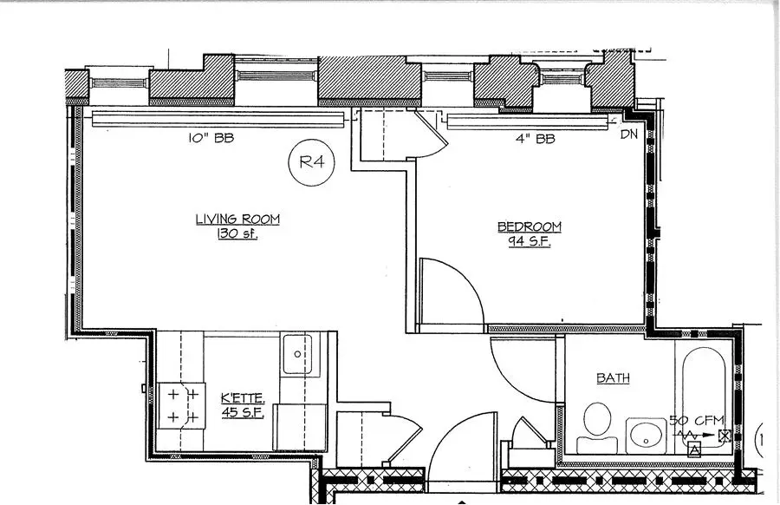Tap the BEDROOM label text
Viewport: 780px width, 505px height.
pos(529,227)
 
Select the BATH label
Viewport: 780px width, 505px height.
pos(613,378)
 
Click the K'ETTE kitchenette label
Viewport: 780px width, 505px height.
pos(243,398)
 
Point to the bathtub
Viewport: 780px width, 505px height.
pos(704,382)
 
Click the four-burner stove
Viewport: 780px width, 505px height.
pos(183,406)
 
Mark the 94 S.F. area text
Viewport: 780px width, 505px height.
pos(529,242)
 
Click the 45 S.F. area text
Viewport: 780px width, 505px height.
pos(243,413)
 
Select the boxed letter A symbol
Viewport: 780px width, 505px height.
pos(693,449)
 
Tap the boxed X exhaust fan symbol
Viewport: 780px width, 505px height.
pos(725,435)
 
